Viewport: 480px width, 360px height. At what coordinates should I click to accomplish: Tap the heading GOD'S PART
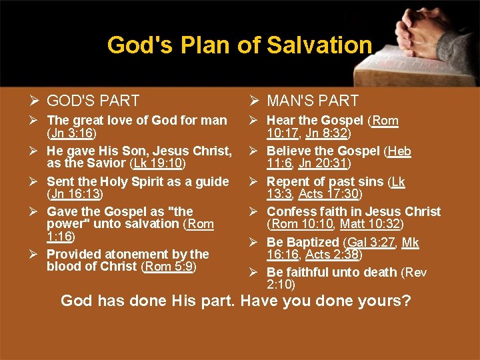coord(93,101)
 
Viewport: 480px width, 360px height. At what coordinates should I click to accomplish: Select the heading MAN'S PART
coord(313,101)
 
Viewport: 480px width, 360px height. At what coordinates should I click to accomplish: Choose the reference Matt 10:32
coord(369,223)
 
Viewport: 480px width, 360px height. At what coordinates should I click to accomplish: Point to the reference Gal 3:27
coord(369,243)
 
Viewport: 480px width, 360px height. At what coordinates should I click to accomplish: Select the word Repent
coord(288,181)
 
